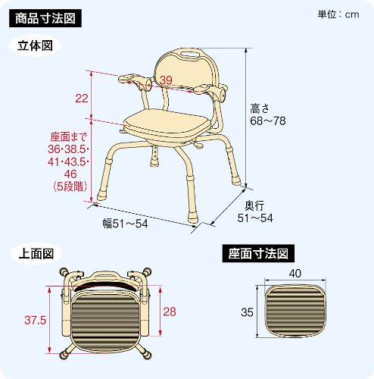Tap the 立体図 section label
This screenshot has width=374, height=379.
(x=34, y=45)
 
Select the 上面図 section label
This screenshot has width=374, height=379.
(x=34, y=254)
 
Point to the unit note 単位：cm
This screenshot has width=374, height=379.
(x=339, y=14)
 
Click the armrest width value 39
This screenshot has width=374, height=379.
(x=166, y=81)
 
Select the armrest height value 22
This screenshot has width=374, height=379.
(x=82, y=98)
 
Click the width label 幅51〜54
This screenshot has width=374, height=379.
(x=126, y=224)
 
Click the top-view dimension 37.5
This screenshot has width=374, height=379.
(x=36, y=320)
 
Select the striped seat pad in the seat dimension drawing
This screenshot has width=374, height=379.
(x=294, y=311)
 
